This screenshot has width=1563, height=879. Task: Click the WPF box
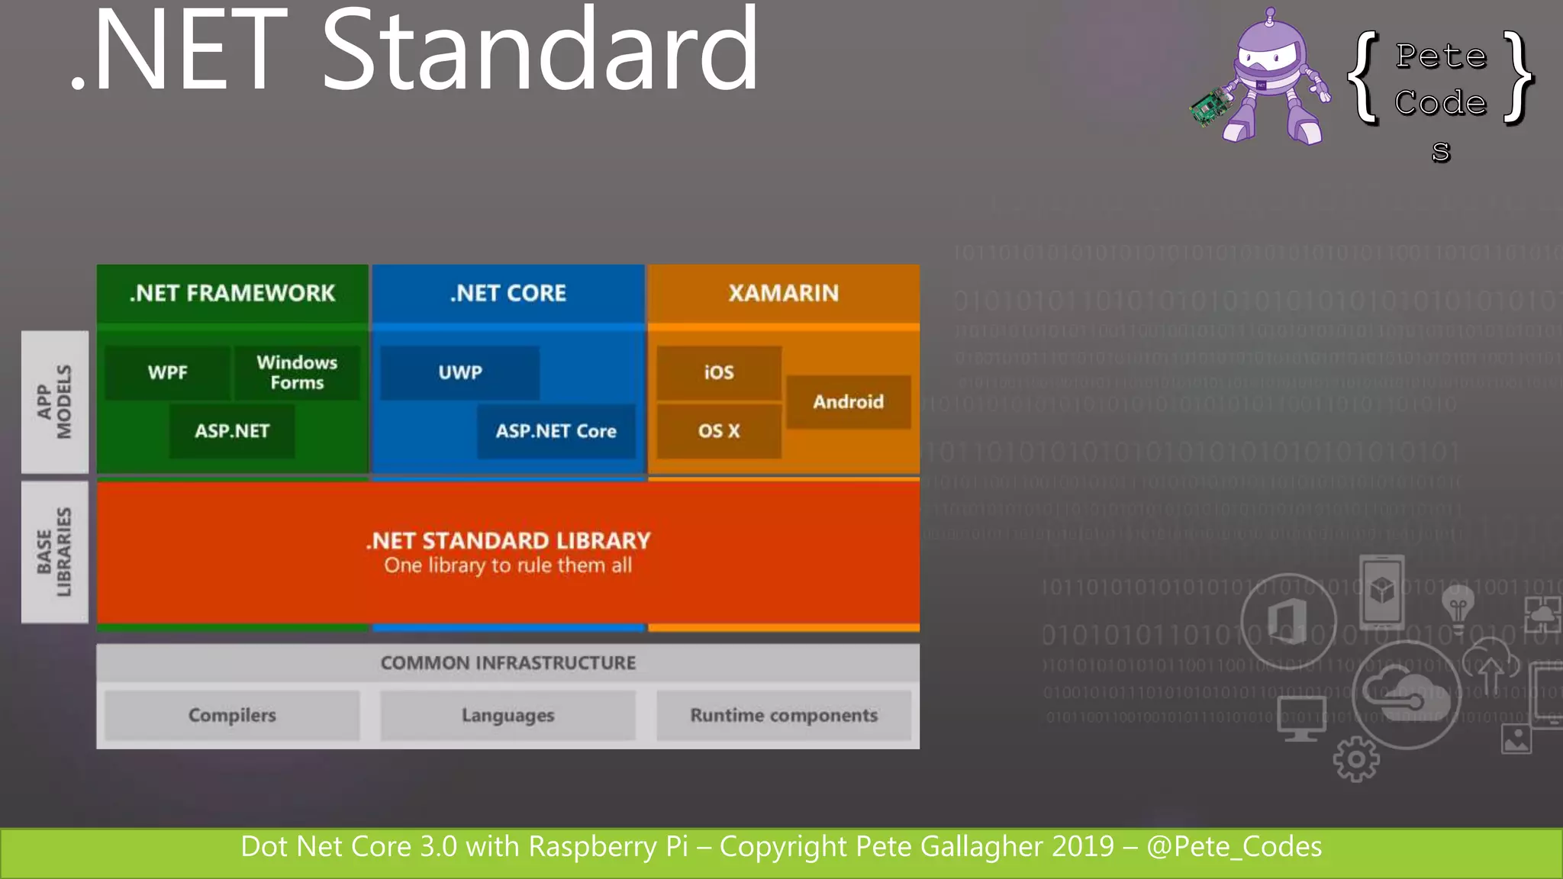(167, 372)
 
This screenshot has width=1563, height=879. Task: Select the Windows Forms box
(297, 372)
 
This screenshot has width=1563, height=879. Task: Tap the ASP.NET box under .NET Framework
(232, 431)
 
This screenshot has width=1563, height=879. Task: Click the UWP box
(459, 372)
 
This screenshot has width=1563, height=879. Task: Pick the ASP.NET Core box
(556, 431)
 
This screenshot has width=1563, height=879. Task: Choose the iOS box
(718, 372)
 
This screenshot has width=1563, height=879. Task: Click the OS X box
(718, 431)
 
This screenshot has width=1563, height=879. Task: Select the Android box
(848, 402)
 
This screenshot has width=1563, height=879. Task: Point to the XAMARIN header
(783, 293)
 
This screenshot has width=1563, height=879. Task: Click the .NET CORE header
(508, 293)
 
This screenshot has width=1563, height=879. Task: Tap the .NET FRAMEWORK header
(232, 293)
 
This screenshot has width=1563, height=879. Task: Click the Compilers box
(232, 716)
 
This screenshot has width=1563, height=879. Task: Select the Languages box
(508, 716)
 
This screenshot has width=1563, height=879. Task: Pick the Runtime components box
(784, 716)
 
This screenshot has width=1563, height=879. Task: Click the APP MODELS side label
(55, 402)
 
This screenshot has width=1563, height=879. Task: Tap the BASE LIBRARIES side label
(55, 552)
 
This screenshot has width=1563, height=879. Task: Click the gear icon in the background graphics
(1356, 759)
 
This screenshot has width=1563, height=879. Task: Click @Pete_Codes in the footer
(1234, 847)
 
